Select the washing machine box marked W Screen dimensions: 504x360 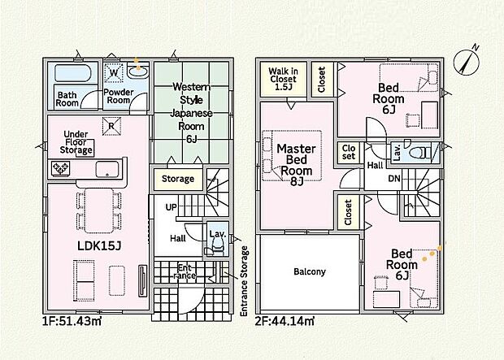[x=114, y=72]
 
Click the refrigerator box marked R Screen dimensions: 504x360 [x=111, y=126]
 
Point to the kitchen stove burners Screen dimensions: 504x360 [x=61, y=168]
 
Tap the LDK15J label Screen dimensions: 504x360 [x=99, y=246]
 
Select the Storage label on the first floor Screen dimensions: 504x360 [x=178, y=179]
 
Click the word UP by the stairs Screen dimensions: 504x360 [x=171, y=207]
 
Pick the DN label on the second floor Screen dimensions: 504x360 [x=394, y=178]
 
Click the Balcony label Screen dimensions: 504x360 [x=310, y=271]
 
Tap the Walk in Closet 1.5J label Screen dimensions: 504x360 [x=283, y=79]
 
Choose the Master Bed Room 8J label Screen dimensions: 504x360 [x=297, y=165]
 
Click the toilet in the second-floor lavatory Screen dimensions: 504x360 [x=420, y=153]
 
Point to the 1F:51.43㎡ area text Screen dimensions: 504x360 [x=72, y=321]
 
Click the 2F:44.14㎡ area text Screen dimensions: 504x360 [x=285, y=321]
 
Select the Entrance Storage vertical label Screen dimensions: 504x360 [x=245, y=281]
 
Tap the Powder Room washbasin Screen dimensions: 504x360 [x=138, y=71]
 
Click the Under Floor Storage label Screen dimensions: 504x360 [x=76, y=142]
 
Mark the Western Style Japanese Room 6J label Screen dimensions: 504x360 [x=191, y=112]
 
